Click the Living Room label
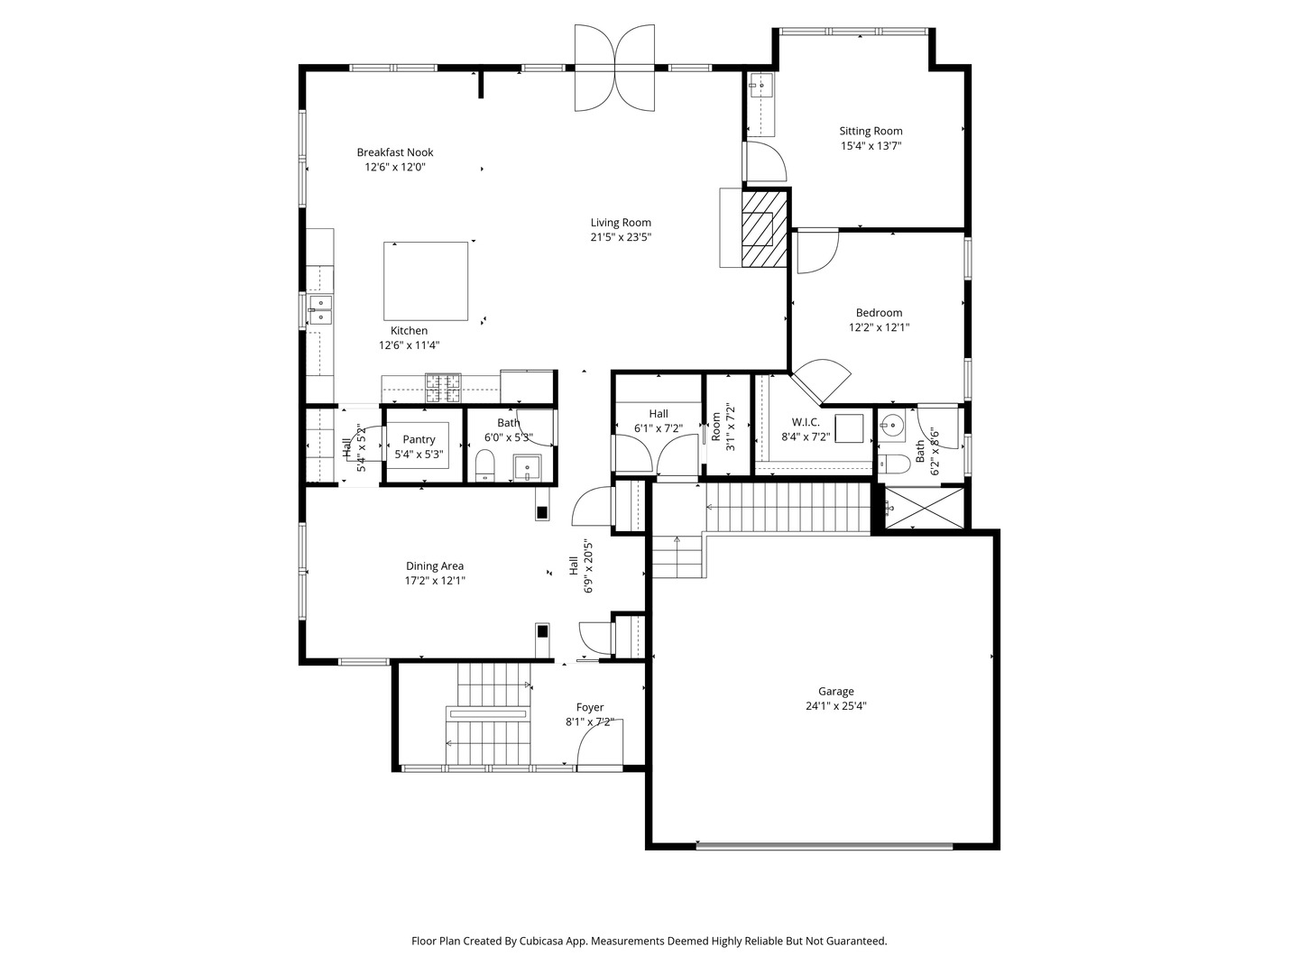coord(621,223)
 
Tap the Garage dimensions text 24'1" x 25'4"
coord(835,705)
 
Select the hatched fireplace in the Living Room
coord(764,229)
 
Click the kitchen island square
coord(426,280)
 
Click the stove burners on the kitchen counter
coord(443,388)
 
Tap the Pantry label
coord(419,439)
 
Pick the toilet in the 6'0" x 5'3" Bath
coord(485,465)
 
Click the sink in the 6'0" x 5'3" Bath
coord(526,467)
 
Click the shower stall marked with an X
coord(924,508)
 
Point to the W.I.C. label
coord(806,422)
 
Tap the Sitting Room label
coord(871,132)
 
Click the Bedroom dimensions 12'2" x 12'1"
coord(879,327)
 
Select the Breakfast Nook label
coord(395,152)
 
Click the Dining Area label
coord(435,566)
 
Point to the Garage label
coord(835,692)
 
